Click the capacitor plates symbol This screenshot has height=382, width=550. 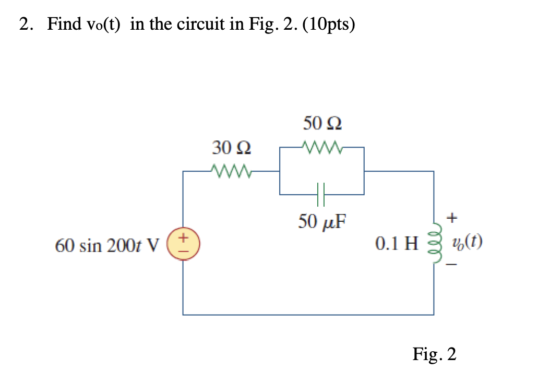[x=322, y=194]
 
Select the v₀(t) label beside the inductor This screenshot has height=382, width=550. [x=468, y=242]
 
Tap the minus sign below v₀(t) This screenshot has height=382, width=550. [x=453, y=266]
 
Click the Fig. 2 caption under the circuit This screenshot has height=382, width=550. [x=434, y=355]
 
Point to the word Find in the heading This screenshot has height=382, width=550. [x=64, y=25]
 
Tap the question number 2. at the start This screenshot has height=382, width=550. [x=26, y=25]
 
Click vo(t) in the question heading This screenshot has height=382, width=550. [x=104, y=25]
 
